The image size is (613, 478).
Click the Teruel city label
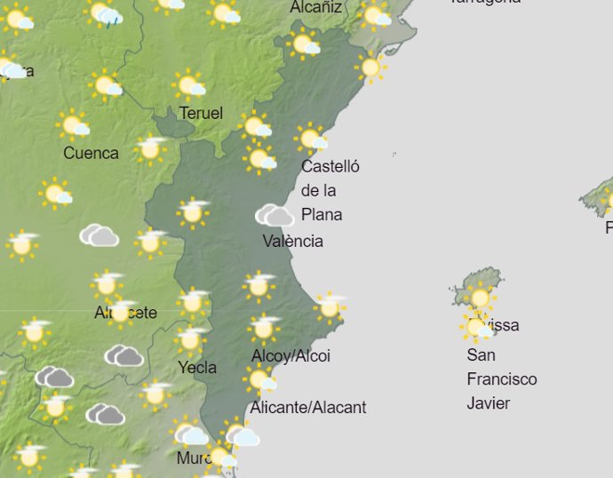[201, 114]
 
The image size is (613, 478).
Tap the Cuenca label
[91, 153]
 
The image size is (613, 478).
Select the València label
[293, 241]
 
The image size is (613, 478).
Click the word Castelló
[330, 166]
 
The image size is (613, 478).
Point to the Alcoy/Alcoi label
[291, 356]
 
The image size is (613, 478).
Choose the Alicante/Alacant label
[308, 408]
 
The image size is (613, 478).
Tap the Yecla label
[197, 368]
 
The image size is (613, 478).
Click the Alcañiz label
[316, 8]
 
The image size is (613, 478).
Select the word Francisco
[502, 379]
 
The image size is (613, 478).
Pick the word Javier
[489, 403]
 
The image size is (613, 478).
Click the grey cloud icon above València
[275, 215]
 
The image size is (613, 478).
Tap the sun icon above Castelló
[311, 139]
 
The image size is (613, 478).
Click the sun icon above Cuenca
[74, 125]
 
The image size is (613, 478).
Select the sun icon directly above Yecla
[190, 339]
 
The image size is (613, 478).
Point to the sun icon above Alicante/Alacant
[260, 380]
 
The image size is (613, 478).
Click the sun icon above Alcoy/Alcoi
[264, 328]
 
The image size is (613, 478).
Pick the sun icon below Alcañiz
[305, 44]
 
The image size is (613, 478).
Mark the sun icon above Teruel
[189, 85]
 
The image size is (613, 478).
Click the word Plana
[322, 214]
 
